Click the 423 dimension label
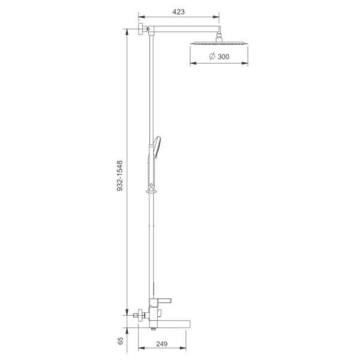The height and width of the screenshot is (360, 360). tap(178, 12)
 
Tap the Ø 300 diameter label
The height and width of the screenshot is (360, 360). tap(219, 56)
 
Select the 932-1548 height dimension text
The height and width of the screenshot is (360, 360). tap(120, 176)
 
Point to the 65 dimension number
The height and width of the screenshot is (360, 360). tap(121, 341)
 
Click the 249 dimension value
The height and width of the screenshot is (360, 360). tap(162, 344)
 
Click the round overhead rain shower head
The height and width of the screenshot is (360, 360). tap(219, 43)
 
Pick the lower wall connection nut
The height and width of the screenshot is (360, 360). tap(140, 315)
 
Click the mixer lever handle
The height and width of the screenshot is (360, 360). tap(163, 301)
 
